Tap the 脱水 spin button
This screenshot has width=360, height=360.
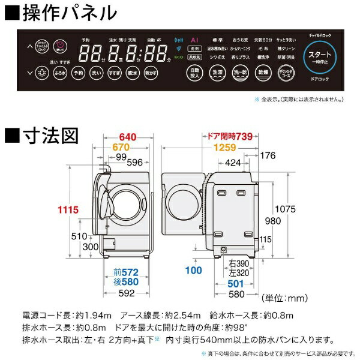click(133, 74)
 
